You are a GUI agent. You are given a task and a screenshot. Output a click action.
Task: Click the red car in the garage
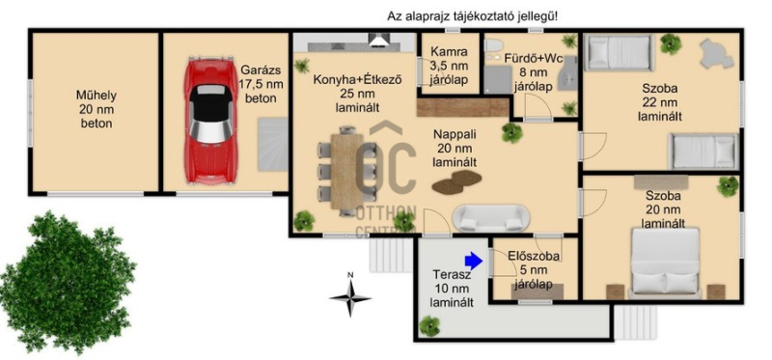210,121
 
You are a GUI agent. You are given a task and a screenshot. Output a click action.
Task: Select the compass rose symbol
350,297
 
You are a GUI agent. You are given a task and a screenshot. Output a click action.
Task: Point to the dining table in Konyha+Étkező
347,171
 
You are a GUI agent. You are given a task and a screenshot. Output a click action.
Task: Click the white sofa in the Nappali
492,218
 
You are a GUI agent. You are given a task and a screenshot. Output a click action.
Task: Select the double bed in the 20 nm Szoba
666,263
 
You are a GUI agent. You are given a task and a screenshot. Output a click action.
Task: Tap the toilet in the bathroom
492,45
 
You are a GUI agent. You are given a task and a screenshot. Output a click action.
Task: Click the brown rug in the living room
456,181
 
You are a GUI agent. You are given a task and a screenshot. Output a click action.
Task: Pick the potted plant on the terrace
429,326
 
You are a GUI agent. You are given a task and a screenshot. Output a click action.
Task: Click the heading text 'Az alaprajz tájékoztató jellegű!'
473,16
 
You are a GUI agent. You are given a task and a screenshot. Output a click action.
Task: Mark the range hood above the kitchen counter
379,41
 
